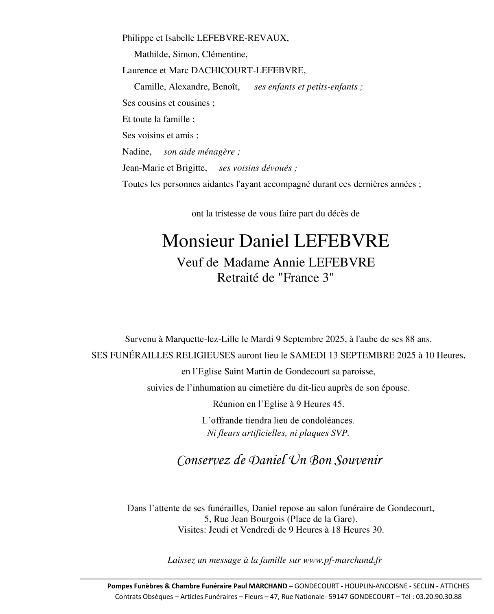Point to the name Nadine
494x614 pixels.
tap(136, 152)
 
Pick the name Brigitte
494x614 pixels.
tap(191, 168)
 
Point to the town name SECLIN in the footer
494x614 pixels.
tap(424, 586)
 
